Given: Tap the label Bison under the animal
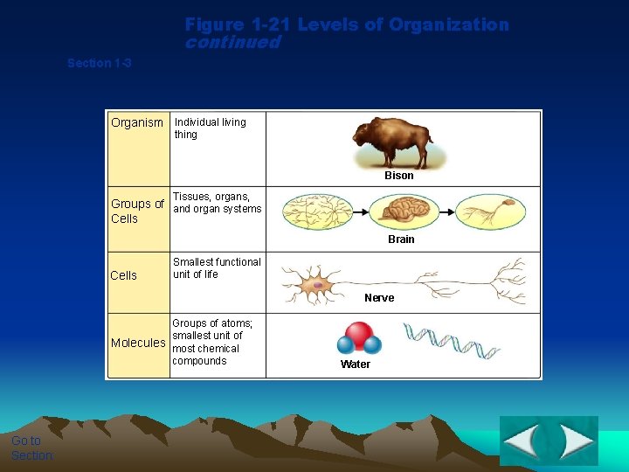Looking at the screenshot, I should pyautogui.click(x=399, y=176).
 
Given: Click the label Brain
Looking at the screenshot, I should pyautogui.click(x=401, y=239).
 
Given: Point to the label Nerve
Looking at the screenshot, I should pyautogui.click(x=379, y=298).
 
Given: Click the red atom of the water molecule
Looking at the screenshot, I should pyautogui.click(x=358, y=335).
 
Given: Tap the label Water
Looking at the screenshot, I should pyautogui.click(x=356, y=364).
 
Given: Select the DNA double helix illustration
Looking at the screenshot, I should pyautogui.click(x=451, y=341).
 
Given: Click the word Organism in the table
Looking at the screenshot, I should pyautogui.click(x=137, y=123).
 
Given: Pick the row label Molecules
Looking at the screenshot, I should pyautogui.click(x=138, y=343).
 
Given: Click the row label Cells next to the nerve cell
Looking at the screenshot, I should pyautogui.click(x=124, y=276).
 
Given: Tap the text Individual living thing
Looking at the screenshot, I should pyautogui.click(x=210, y=128).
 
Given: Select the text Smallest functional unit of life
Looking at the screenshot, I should pyautogui.click(x=217, y=268).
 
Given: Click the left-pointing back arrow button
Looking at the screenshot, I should pyautogui.click(x=522, y=441).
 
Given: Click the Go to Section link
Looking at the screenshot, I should pyautogui.click(x=32, y=448).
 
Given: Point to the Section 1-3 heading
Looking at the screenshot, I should pyautogui.click(x=100, y=63).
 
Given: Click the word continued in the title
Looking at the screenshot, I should pyautogui.click(x=232, y=42).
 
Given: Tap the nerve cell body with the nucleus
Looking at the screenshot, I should pyautogui.click(x=318, y=285).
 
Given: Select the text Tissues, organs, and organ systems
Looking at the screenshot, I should pyautogui.click(x=217, y=203).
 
